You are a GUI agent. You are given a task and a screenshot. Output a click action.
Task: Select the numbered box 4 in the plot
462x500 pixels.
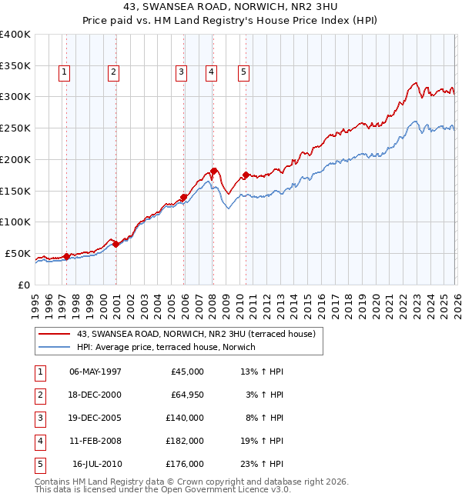click(210, 72)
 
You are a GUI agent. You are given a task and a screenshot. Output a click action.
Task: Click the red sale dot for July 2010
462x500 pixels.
click(246, 175)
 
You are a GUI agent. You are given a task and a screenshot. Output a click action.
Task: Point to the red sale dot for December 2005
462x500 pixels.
click(184, 197)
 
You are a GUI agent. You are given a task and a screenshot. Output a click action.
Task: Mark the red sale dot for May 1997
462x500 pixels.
click(66, 256)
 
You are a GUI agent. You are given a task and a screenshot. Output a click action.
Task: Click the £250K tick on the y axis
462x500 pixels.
click(15, 128)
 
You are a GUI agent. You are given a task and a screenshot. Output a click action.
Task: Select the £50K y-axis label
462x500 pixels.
click(17, 253)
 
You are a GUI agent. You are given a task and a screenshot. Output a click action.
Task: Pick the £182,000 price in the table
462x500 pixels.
click(185, 442)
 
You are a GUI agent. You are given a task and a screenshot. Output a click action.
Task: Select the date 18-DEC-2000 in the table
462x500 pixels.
click(95, 395)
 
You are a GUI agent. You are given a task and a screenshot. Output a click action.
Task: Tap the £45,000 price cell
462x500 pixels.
click(185, 372)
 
